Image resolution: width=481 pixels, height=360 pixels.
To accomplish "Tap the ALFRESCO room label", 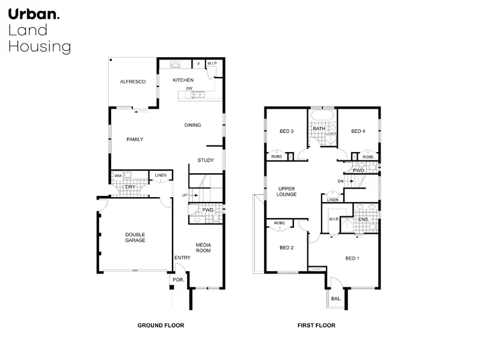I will coord(133,81).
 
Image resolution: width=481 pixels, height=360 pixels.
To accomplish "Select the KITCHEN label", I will coord(183,80).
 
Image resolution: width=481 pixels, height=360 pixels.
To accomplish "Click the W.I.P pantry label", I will coord(212,63).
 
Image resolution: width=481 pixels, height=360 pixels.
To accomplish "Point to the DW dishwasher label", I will coord(189,88).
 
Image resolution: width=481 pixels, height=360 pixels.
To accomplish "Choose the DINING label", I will coord(192,125).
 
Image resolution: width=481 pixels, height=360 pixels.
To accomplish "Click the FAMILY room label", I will coord(135,139).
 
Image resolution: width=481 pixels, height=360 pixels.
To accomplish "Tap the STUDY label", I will coord(206,160).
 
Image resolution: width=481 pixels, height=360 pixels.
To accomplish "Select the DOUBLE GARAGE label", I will coord(135,237).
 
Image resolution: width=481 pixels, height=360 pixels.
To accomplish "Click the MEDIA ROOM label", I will coord(204,247).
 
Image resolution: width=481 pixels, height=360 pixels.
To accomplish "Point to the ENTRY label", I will coord(182,258).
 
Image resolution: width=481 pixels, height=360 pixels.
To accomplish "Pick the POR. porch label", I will coord(178,280).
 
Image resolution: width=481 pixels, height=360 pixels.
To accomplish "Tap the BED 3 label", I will coord(286,132).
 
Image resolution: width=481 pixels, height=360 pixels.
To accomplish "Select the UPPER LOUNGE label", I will coord(286,191).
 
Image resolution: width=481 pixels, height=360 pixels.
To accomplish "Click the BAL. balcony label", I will coord(336,299).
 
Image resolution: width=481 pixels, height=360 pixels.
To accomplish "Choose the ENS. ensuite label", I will coord(363,220).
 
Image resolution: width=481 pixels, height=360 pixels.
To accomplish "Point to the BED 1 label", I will coord(352,258).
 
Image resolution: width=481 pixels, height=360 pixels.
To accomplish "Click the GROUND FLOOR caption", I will coord(161,325).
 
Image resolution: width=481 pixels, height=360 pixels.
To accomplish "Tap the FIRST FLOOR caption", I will coord(316,325).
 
